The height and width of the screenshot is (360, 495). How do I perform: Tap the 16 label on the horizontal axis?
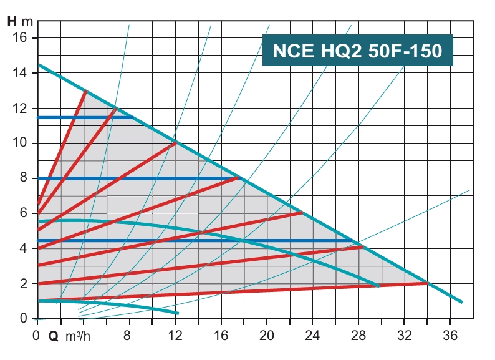click(221, 334)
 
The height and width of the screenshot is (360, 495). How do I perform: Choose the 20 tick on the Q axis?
click(267, 334)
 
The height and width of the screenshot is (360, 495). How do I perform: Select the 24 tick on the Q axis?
click(313, 334)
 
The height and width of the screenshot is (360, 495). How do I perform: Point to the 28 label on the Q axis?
click(358, 334)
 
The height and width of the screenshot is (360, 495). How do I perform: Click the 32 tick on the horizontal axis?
click(405, 334)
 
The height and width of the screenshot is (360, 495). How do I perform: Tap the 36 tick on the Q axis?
click(450, 334)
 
